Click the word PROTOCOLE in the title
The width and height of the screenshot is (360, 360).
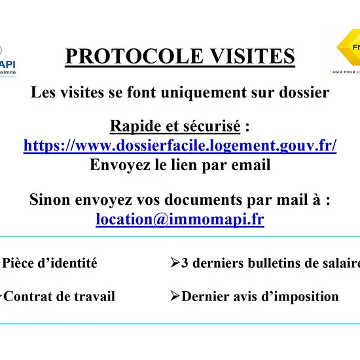[134, 56]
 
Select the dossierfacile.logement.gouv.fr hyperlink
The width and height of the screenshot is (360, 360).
[180, 145]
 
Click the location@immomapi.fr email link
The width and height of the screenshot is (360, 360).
[180, 219]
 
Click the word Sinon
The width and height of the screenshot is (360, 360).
[50, 199]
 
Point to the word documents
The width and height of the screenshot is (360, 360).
[203, 199]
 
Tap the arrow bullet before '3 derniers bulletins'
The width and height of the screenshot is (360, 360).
[175, 262]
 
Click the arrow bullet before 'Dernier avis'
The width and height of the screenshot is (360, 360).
[175, 296]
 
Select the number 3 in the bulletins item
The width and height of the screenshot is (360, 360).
[185, 263]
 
